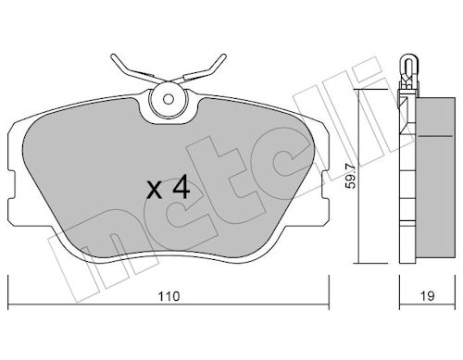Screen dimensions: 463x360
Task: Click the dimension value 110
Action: point(169,296)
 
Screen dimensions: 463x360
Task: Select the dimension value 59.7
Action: point(351,177)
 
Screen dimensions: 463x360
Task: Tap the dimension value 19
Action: point(427,296)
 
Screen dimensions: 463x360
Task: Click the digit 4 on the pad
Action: point(181,186)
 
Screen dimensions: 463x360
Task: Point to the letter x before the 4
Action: point(154,190)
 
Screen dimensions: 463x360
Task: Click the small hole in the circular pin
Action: point(169,99)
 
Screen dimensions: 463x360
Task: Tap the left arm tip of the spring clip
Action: point(113,56)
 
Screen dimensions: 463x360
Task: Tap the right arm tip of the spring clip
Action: point(223,56)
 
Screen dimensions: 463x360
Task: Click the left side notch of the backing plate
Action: point(11,185)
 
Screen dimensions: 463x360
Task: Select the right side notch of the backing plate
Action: point(325,185)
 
